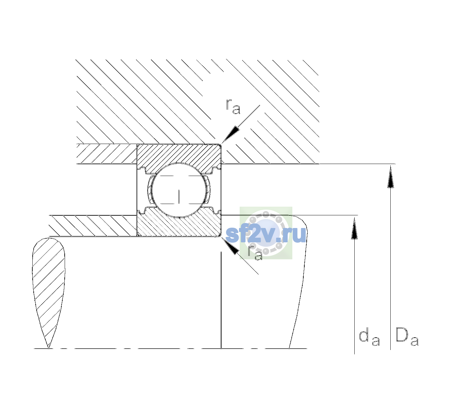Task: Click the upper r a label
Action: pyautogui.click(x=233, y=106)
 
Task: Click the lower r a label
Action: pyautogui.click(x=255, y=252)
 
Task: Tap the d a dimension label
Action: pyautogui.click(x=369, y=336)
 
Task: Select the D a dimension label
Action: pyautogui.click(x=407, y=336)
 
